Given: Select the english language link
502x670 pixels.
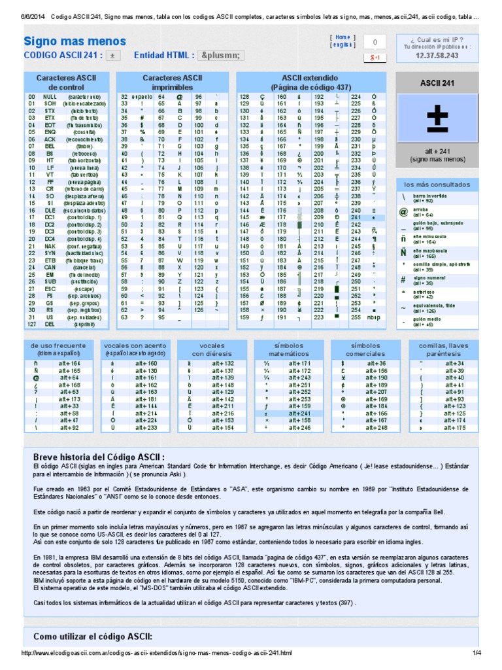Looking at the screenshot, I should [343, 45].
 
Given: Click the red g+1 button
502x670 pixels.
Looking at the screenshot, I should [375, 58].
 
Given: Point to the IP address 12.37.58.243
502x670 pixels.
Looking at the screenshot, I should [436, 56].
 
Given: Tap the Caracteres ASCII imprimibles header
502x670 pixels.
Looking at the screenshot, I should [173, 82].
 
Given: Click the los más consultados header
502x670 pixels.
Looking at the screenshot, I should [436, 184].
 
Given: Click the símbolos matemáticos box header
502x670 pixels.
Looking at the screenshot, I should [290, 349].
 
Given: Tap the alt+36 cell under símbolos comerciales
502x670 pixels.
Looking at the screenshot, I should [376, 363].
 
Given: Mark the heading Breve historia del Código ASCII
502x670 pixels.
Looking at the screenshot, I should [99, 455].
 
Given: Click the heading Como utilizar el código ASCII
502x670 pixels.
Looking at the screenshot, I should [92, 636].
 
